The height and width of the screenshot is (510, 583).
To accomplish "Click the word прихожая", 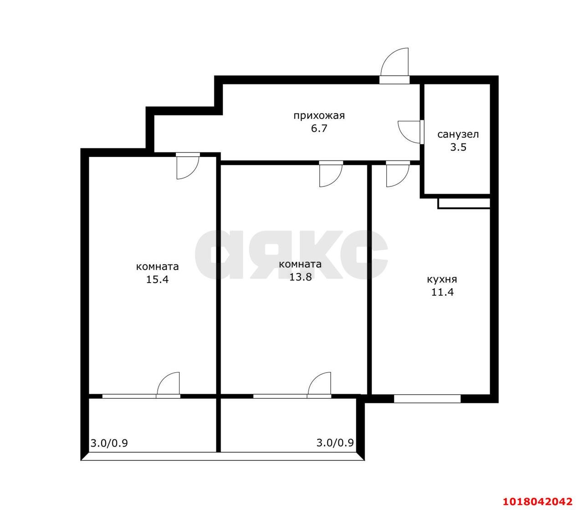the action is point(319,116).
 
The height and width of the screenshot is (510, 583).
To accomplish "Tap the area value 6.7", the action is point(319,129).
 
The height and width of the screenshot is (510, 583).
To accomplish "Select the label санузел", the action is point(458,134).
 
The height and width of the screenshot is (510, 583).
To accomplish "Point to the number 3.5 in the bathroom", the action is point(458,147).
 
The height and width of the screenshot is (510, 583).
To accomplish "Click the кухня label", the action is point(442,279).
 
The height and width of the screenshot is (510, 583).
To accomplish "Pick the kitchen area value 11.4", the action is point(442,293).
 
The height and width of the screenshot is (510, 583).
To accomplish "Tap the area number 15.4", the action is point(157,279).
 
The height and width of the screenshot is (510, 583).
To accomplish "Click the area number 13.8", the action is point(300,277).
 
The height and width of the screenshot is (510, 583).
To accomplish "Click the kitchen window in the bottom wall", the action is point(427,399).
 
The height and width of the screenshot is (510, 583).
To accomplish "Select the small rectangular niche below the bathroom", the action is point(464,204).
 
